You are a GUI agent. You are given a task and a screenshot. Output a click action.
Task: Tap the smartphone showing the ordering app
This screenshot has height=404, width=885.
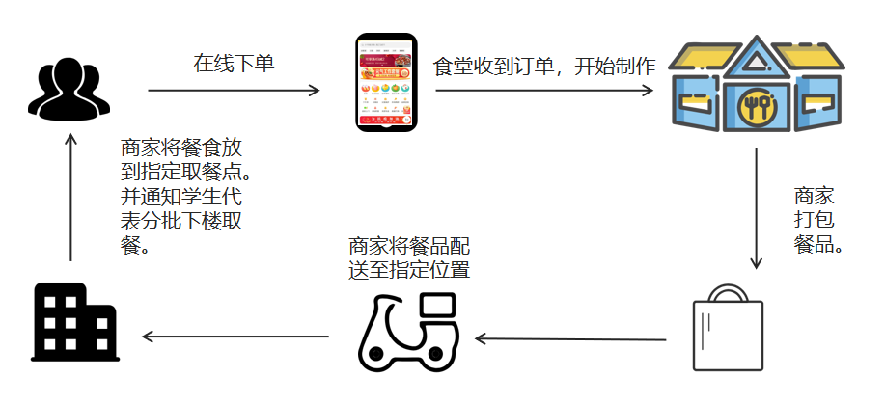386,83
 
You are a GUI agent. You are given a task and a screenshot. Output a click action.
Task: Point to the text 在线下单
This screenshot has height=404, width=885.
235,65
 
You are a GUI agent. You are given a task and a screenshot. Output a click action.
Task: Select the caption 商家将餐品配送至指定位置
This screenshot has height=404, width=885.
409,257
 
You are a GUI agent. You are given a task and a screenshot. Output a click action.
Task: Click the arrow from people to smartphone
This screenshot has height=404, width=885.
234,92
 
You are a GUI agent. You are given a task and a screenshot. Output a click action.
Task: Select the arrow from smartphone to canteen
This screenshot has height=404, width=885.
544,92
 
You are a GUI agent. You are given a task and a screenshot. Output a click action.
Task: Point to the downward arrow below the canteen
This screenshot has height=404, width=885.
757,208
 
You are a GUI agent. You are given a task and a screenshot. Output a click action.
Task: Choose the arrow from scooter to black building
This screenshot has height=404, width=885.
236,337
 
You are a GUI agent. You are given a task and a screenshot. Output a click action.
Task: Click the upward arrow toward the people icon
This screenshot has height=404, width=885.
70,197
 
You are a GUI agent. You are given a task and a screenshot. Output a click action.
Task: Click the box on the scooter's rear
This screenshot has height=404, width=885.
439,306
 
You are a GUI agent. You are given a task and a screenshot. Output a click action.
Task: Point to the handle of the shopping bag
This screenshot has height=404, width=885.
728,292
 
